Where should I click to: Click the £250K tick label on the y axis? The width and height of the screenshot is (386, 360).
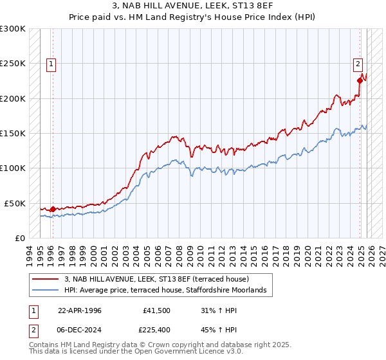(x=13, y=64)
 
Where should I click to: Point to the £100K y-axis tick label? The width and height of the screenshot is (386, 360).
(x=13, y=168)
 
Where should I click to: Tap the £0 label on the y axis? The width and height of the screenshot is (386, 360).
(x=19, y=238)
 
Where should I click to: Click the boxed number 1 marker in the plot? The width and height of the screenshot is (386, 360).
(x=51, y=64)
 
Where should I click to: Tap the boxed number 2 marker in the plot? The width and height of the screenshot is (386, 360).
(x=358, y=64)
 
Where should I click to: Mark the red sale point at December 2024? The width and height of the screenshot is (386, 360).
(x=360, y=80)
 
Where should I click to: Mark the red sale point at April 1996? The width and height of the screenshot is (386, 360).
(x=53, y=209)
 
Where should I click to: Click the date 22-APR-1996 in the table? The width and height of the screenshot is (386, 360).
(x=80, y=310)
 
